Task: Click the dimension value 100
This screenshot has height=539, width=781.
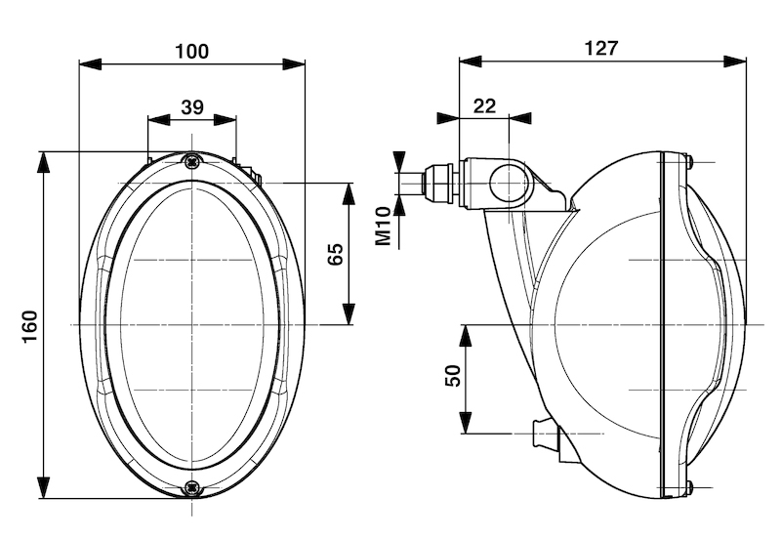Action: pyautogui.click(x=191, y=51)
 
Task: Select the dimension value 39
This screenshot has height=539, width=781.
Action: pyautogui.click(x=191, y=106)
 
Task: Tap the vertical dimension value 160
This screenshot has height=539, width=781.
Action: pyautogui.click(x=28, y=324)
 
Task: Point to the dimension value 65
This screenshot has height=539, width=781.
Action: pyautogui.click(x=335, y=255)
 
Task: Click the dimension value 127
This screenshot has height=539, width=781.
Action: pyautogui.click(x=600, y=48)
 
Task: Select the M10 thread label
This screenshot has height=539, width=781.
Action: pyautogui.click(x=384, y=226)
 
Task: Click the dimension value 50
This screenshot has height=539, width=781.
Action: pyautogui.click(x=452, y=377)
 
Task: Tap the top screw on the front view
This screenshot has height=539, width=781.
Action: pyautogui.click(x=191, y=161)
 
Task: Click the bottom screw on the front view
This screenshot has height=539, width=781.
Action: pyautogui.click(x=191, y=485)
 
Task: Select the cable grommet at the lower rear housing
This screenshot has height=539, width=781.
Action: pyautogui.click(x=542, y=434)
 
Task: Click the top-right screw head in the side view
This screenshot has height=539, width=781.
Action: pyautogui.click(x=689, y=161)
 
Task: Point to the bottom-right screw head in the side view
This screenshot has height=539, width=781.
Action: pyautogui.click(x=689, y=486)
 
